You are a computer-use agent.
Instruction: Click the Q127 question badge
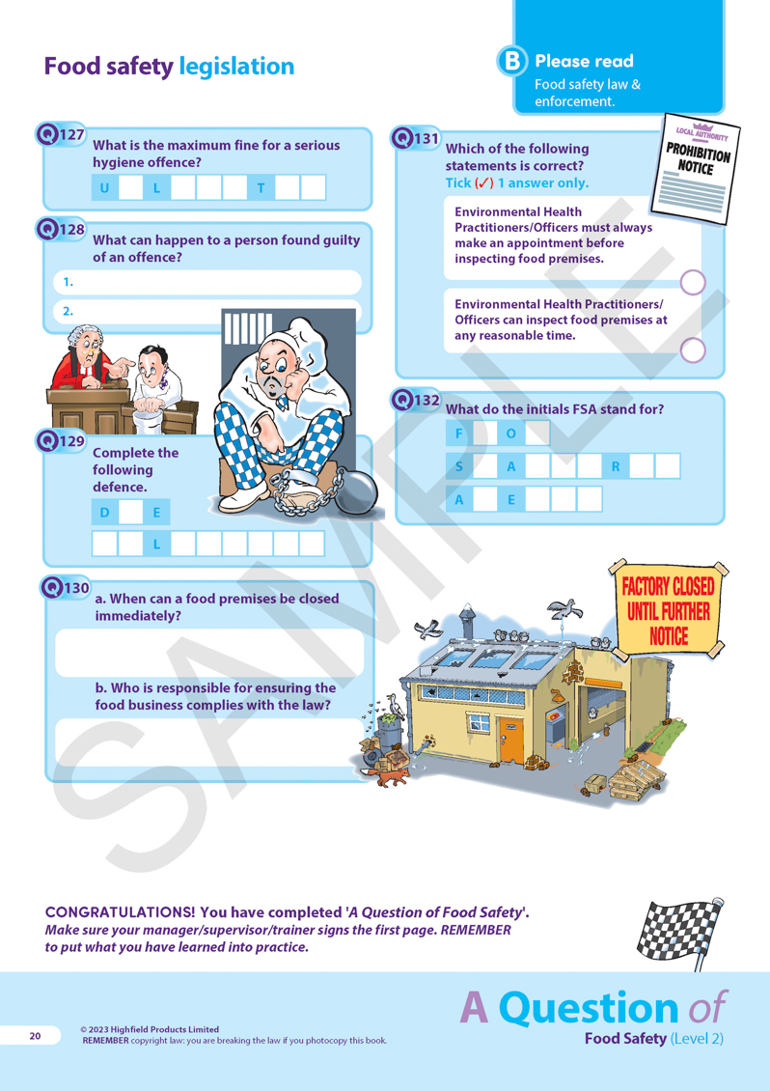coord(61,134)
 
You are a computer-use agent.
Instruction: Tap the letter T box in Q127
coord(261,188)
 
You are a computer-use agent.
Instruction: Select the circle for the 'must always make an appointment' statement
coord(692,283)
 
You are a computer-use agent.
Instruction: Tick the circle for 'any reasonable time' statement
coord(692,350)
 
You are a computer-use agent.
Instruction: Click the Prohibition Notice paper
coord(695,169)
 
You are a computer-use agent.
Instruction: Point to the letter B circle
coord(512,61)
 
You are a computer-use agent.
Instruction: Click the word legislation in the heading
coord(236,66)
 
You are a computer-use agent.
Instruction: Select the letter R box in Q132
coord(616,466)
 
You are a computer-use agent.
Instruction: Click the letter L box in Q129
coord(156,545)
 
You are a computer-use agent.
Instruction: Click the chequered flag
coord(681,933)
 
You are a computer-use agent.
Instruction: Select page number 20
coord(35,1036)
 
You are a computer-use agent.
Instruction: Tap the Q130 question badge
coord(66,588)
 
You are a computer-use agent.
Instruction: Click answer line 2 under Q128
coord(207,311)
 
